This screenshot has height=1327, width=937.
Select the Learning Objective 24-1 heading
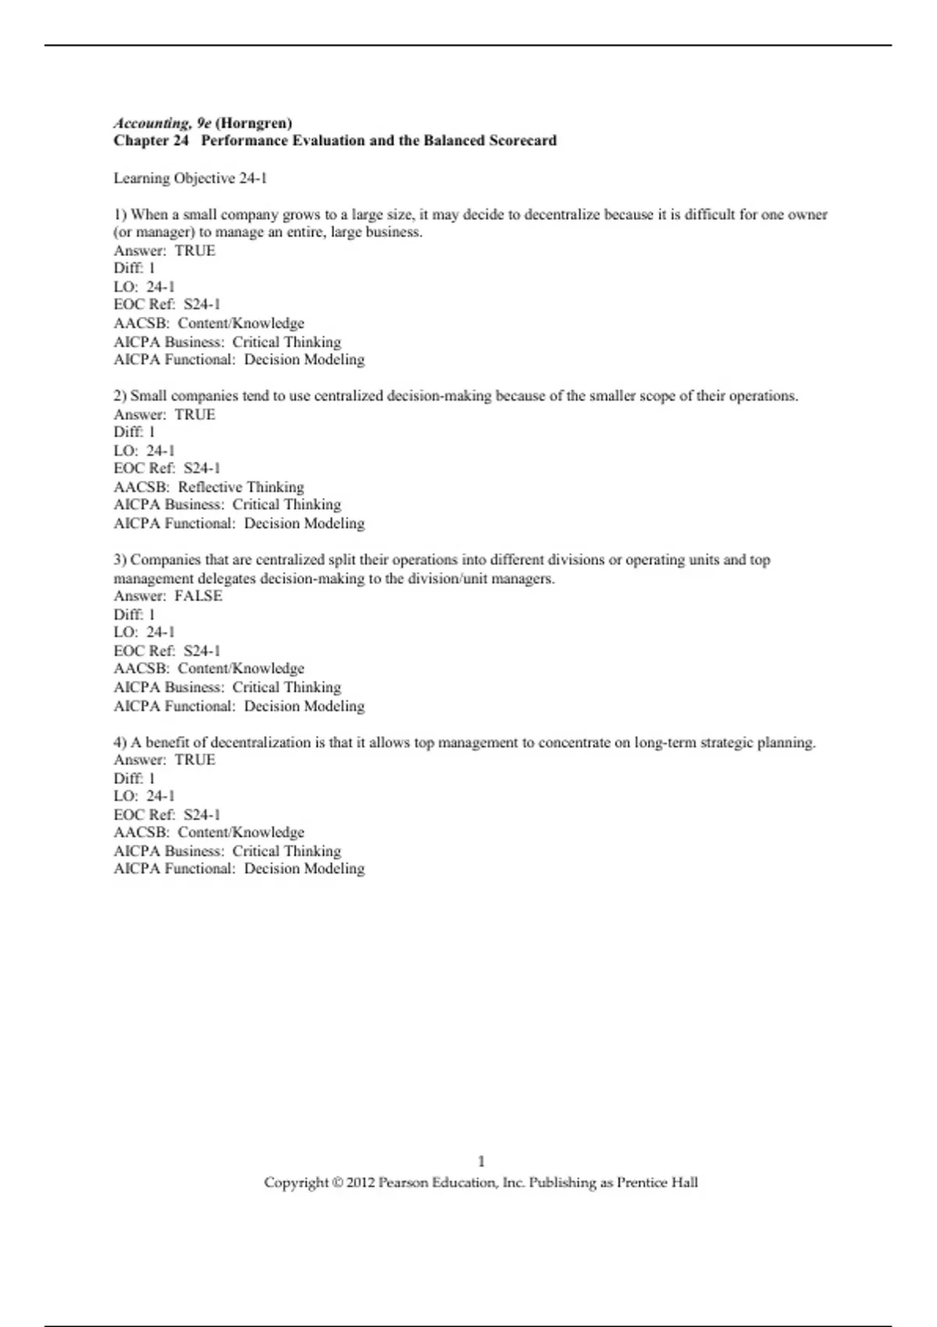click(x=190, y=179)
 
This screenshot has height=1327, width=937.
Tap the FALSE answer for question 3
click(x=198, y=596)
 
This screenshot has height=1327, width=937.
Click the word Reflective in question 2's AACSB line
click(x=210, y=487)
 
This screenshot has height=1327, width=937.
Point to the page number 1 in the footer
click(x=481, y=1162)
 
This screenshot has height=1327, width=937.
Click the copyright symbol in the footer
click(x=337, y=1183)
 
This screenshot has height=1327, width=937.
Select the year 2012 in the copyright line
click(x=360, y=1183)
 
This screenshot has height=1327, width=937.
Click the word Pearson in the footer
click(x=402, y=1183)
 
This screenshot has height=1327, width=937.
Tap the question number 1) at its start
click(x=120, y=215)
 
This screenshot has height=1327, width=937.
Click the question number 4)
click(x=120, y=742)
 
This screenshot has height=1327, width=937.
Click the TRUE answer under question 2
click(x=194, y=414)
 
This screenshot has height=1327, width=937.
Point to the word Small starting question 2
click(x=148, y=397)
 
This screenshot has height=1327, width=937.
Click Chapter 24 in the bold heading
click(x=151, y=141)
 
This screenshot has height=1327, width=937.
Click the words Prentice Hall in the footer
click(x=657, y=1183)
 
